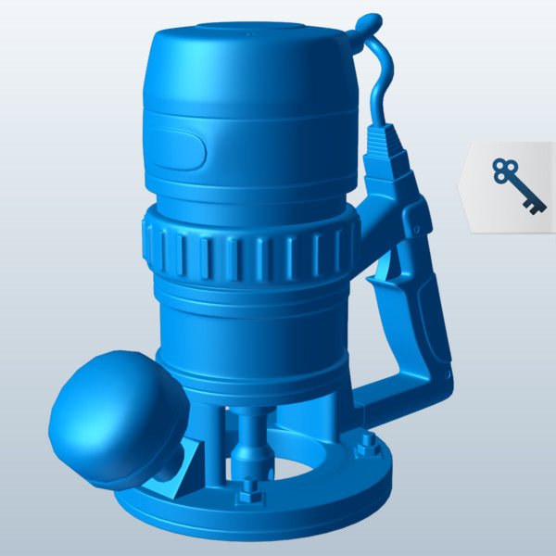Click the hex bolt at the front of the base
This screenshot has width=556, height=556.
click(248, 490)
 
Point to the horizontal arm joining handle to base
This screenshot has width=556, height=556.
click(389, 395)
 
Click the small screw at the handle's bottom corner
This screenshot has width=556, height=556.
click(449, 375)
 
